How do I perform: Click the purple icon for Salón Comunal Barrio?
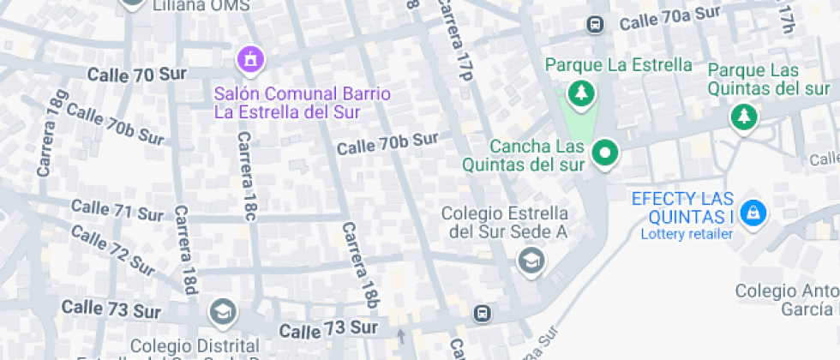click(250, 60)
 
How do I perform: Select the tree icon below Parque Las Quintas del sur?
click(743, 116)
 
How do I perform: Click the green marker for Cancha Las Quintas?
click(606, 153)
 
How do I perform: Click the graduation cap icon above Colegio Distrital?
click(223, 311)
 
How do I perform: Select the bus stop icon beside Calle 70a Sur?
click(595, 24)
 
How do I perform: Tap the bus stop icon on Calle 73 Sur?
click(483, 314)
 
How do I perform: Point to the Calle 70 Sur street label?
click(124, 75)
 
